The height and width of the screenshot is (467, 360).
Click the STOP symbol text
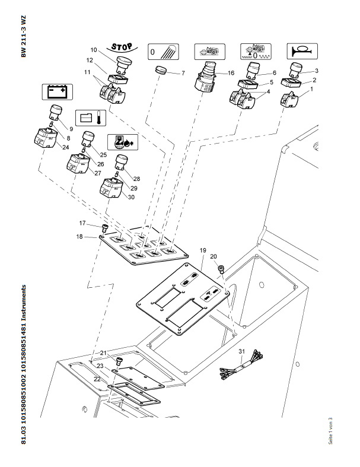121,46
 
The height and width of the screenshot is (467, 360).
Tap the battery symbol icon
56,92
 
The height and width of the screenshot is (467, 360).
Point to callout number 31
241,351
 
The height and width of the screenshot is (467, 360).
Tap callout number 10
93,49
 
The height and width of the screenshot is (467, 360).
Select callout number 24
65,148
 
